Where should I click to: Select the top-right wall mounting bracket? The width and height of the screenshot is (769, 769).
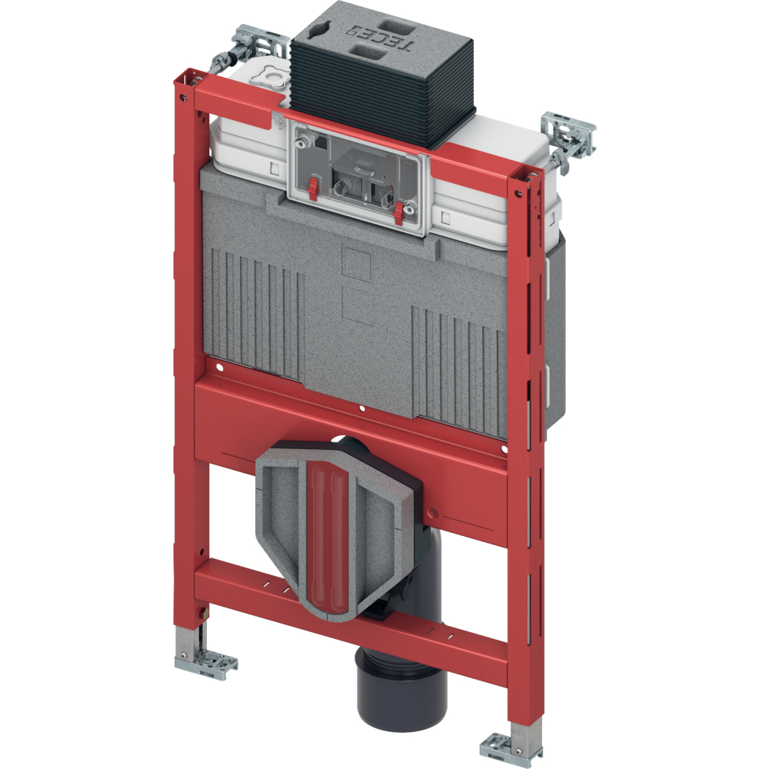pyautogui.click(x=569, y=137)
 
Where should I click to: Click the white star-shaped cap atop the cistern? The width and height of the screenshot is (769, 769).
pyautogui.click(x=270, y=76)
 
